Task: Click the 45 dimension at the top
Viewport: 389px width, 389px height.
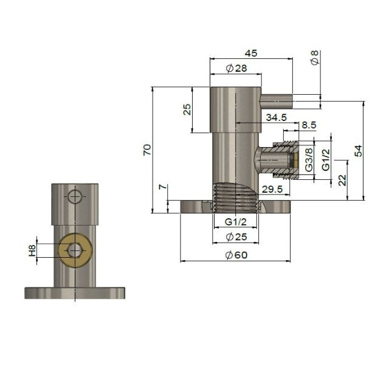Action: pyautogui.click(x=250, y=53)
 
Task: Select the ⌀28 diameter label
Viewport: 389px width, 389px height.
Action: pyautogui.click(x=236, y=69)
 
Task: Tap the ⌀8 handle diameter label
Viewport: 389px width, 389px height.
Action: pyautogui.click(x=314, y=58)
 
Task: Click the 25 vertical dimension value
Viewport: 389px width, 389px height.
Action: pyautogui.click(x=187, y=109)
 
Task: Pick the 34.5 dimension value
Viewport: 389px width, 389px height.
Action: pyautogui.click(x=276, y=116)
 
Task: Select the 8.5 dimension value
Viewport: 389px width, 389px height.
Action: pyautogui.click(x=308, y=125)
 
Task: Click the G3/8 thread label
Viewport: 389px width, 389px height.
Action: pyautogui.click(x=309, y=159)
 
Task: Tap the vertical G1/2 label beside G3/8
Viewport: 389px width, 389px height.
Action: pyautogui.click(x=325, y=159)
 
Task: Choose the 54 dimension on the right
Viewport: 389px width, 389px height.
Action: pyautogui.click(x=358, y=151)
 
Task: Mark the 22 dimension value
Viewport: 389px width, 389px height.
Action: pyautogui.click(x=342, y=180)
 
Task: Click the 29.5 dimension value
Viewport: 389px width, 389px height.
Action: pyautogui.click(x=271, y=190)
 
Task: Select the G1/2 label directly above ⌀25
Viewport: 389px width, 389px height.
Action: pyautogui.click(x=236, y=221)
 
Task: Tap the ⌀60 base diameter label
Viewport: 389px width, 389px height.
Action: pyautogui.click(x=236, y=255)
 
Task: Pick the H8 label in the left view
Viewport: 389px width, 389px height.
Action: pyautogui.click(x=33, y=250)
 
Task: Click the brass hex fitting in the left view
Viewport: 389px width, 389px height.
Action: pyautogui.click(x=74, y=249)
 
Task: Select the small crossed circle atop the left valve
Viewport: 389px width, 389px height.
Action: pyautogui.click(x=74, y=196)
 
